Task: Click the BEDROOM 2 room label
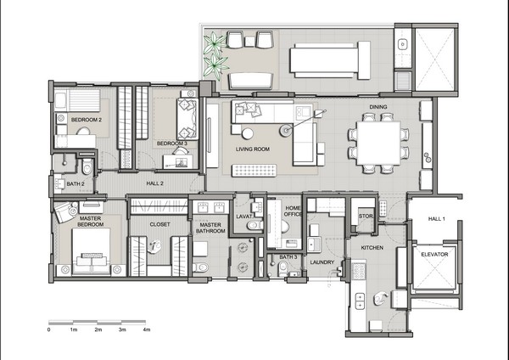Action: click(87, 120)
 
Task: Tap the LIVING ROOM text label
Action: click(253, 149)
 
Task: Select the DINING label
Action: click(378, 107)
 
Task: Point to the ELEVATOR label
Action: click(434, 255)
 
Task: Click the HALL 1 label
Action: click(437, 219)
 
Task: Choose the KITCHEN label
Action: click(372, 248)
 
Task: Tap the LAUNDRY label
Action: click(322, 262)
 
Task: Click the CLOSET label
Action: click(159, 224)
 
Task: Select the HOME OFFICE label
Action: click(293, 211)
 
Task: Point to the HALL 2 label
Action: click(155, 183)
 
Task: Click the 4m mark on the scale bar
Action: click(147, 329)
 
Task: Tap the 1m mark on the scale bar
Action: click(74, 329)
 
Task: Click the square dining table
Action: click(378, 143)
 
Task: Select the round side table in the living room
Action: click(248, 133)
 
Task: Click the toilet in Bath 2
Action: click(87, 166)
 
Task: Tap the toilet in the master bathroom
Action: click(200, 267)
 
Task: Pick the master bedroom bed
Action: click(92, 251)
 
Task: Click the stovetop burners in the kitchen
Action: click(359, 272)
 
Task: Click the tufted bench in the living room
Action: click(255, 171)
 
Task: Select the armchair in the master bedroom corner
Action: click(66, 212)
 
